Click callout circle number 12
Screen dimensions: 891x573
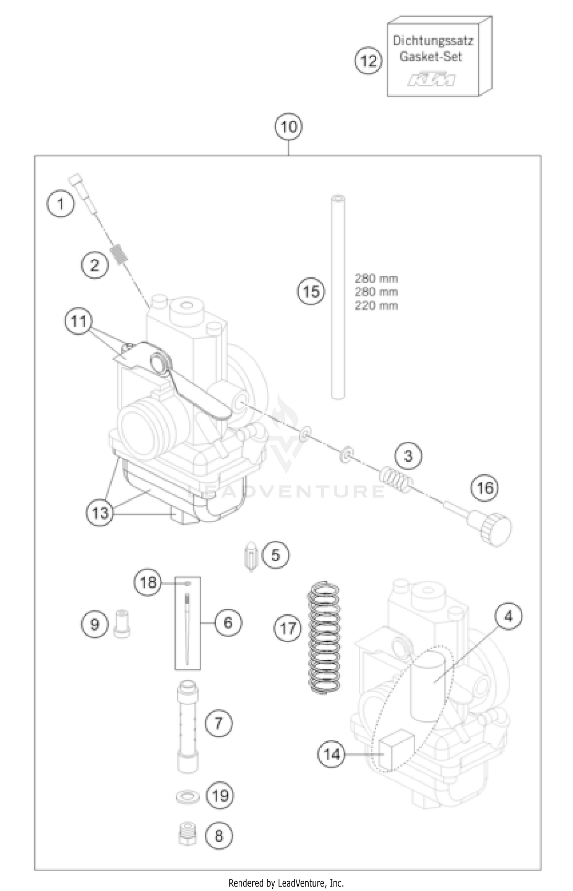click(x=368, y=61)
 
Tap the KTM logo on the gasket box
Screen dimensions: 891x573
click(x=431, y=79)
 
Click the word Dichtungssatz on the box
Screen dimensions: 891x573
click(x=433, y=40)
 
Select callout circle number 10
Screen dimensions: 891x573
click(x=288, y=127)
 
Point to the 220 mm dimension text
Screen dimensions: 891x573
click(x=376, y=306)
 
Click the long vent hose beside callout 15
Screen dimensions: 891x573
click(x=338, y=298)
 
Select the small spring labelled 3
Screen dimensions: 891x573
click(x=396, y=480)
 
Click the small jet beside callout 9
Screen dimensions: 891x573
click(x=122, y=624)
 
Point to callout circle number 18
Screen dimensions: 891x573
click(x=148, y=583)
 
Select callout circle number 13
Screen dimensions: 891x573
click(x=100, y=513)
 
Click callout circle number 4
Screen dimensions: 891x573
click(x=508, y=616)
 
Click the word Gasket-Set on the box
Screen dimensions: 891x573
click(x=431, y=57)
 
